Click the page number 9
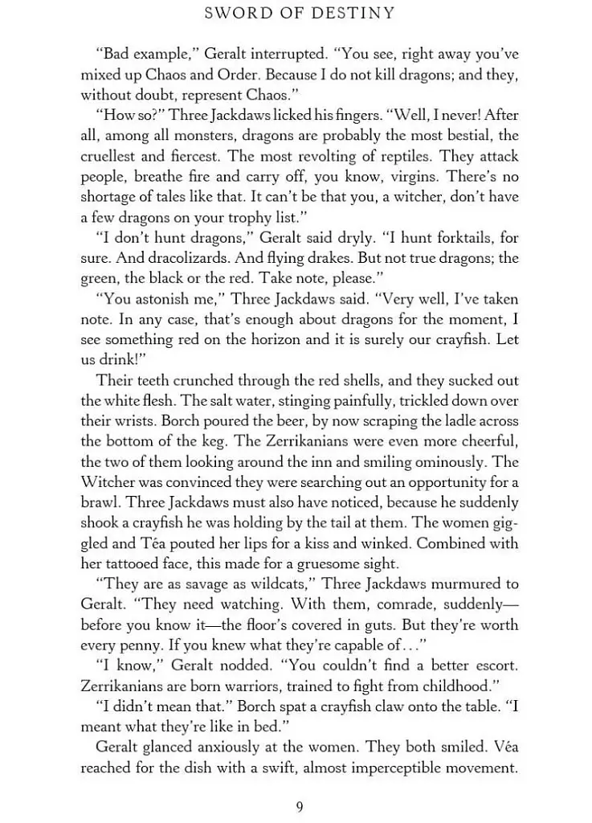(x=300, y=807)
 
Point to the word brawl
(x=102, y=502)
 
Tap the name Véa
(x=500, y=747)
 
